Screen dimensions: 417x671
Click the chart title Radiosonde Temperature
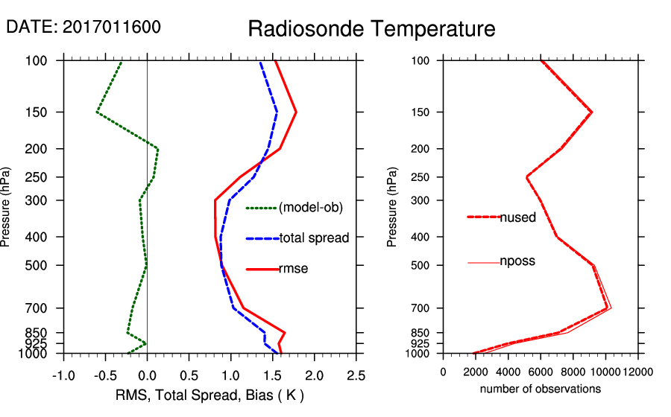[x=371, y=29]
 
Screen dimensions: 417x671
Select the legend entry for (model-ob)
[x=310, y=208]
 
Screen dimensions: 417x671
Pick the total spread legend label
[x=314, y=238]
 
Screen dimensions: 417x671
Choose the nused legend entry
[x=517, y=217]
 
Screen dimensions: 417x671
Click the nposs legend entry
[x=517, y=261]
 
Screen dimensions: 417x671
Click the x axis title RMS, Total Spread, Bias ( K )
[x=210, y=394]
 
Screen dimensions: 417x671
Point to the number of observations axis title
[x=541, y=389]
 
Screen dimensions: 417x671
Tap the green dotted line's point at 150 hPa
[x=97, y=112]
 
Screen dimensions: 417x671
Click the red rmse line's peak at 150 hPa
[x=296, y=112]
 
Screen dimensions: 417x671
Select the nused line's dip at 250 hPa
[x=526, y=177]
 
